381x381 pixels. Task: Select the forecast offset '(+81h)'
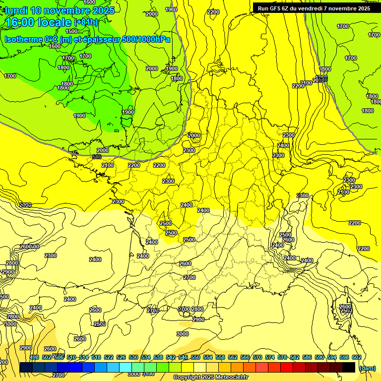(86, 22)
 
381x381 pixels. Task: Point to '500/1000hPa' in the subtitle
(148, 39)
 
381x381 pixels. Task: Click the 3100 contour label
(148, 374)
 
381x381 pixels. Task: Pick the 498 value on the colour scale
(34, 357)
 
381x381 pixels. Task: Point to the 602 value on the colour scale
(357, 357)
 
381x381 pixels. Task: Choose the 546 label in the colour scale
(183, 357)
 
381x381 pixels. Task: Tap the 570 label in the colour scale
(257, 357)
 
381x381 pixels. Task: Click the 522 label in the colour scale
(109, 357)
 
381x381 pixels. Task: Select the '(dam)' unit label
(368, 368)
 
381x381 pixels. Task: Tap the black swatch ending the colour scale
(349, 368)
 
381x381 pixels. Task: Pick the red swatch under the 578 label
(287, 368)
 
